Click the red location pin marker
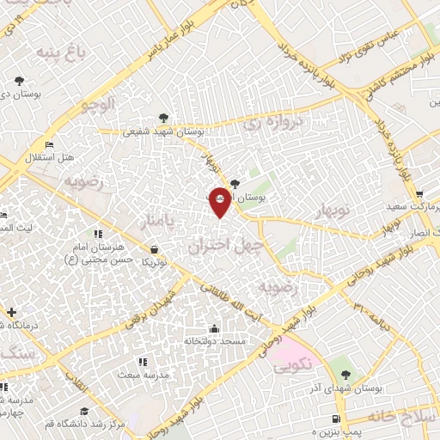pyautogui.click(x=219, y=200)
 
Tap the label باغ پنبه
pyautogui.click(x=63, y=53)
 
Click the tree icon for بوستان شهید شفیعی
pyautogui.click(x=163, y=119)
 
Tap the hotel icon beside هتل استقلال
pyautogui.click(x=51, y=144)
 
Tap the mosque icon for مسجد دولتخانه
pyautogui.click(x=214, y=328)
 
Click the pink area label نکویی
pyautogui.click(x=292, y=364)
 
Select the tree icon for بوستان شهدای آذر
pyautogui.click(x=345, y=375)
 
